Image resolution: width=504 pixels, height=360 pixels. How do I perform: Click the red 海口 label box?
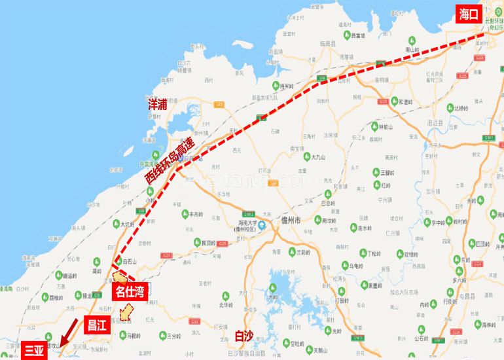click(x=469, y=14)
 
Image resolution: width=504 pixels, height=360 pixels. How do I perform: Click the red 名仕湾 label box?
click(x=130, y=291)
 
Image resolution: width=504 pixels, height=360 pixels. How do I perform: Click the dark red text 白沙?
click(x=243, y=336)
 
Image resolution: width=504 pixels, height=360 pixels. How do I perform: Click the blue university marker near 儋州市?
click(x=261, y=226)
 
